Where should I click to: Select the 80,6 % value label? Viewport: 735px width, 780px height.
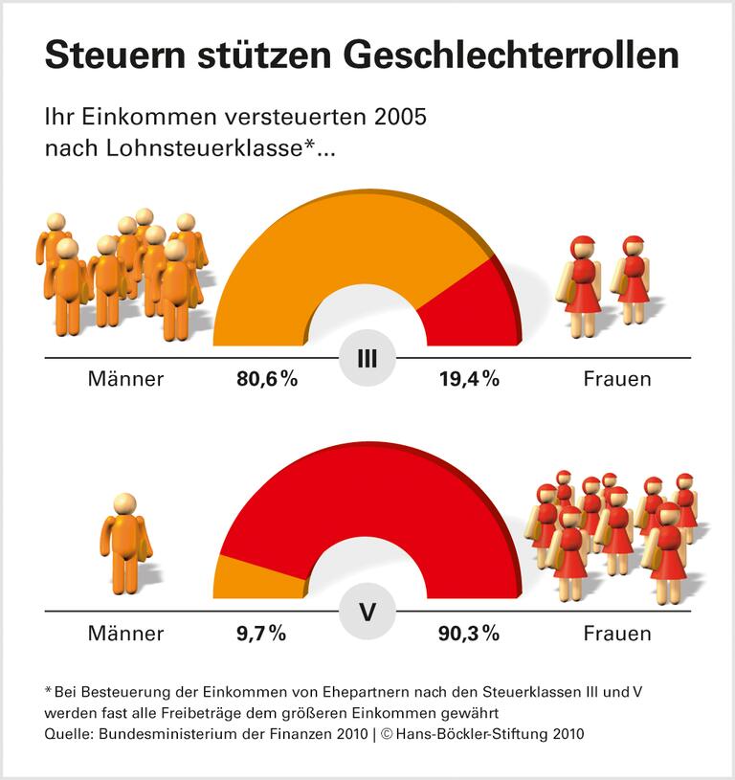point(267,379)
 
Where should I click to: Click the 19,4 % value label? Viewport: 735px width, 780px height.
point(470,379)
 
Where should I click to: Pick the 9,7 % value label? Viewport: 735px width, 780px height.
point(260,633)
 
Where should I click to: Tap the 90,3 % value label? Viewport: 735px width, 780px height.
point(470,633)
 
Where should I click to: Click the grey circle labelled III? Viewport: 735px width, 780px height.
point(367,360)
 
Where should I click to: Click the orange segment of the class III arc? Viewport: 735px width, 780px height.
point(316,249)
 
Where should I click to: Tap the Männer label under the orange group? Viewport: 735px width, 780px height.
point(125,379)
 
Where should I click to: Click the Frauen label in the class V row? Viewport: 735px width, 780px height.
point(617,633)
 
